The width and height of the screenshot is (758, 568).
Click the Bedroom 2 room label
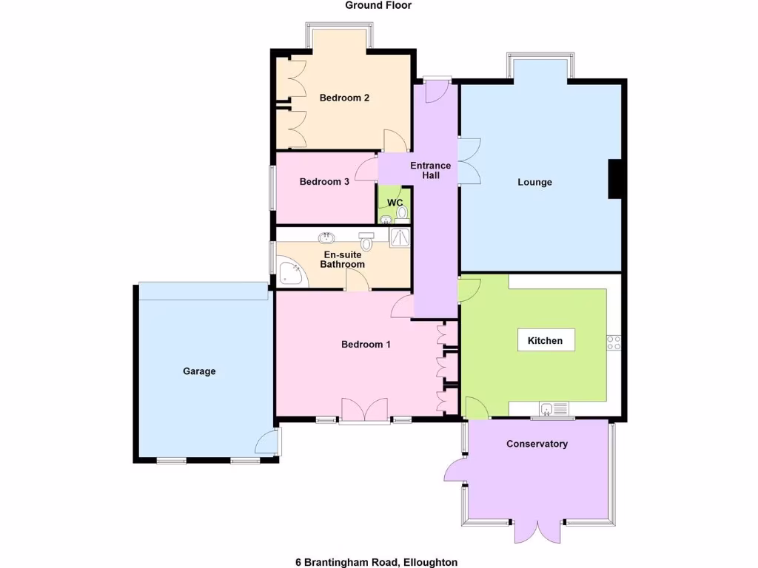click(x=344, y=98)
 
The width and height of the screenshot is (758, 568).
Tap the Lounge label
click(x=534, y=182)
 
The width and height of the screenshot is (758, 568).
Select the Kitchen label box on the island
click(x=546, y=341)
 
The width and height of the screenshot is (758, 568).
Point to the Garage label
click(x=199, y=371)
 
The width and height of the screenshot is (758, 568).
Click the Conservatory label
click(x=537, y=444)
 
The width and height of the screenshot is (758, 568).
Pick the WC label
click(x=395, y=203)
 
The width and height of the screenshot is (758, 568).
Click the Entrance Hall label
click(x=431, y=171)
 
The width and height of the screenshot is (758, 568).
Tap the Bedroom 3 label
click(x=324, y=182)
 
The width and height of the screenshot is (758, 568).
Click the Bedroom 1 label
click(x=366, y=345)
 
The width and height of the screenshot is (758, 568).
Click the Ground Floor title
click(x=378, y=5)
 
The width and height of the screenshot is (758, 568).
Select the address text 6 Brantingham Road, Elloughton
click(x=376, y=562)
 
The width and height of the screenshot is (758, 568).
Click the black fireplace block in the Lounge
click(x=614, y=179)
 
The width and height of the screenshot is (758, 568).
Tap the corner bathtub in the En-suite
click(x=289, y=272)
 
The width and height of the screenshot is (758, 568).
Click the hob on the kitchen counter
click(x=614, y=342)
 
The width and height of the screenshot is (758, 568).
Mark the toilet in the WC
click(x=402, y=213)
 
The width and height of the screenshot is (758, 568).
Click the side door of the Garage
click(x=267, y=443)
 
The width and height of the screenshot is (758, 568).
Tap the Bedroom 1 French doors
click(x=364, y=410)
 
